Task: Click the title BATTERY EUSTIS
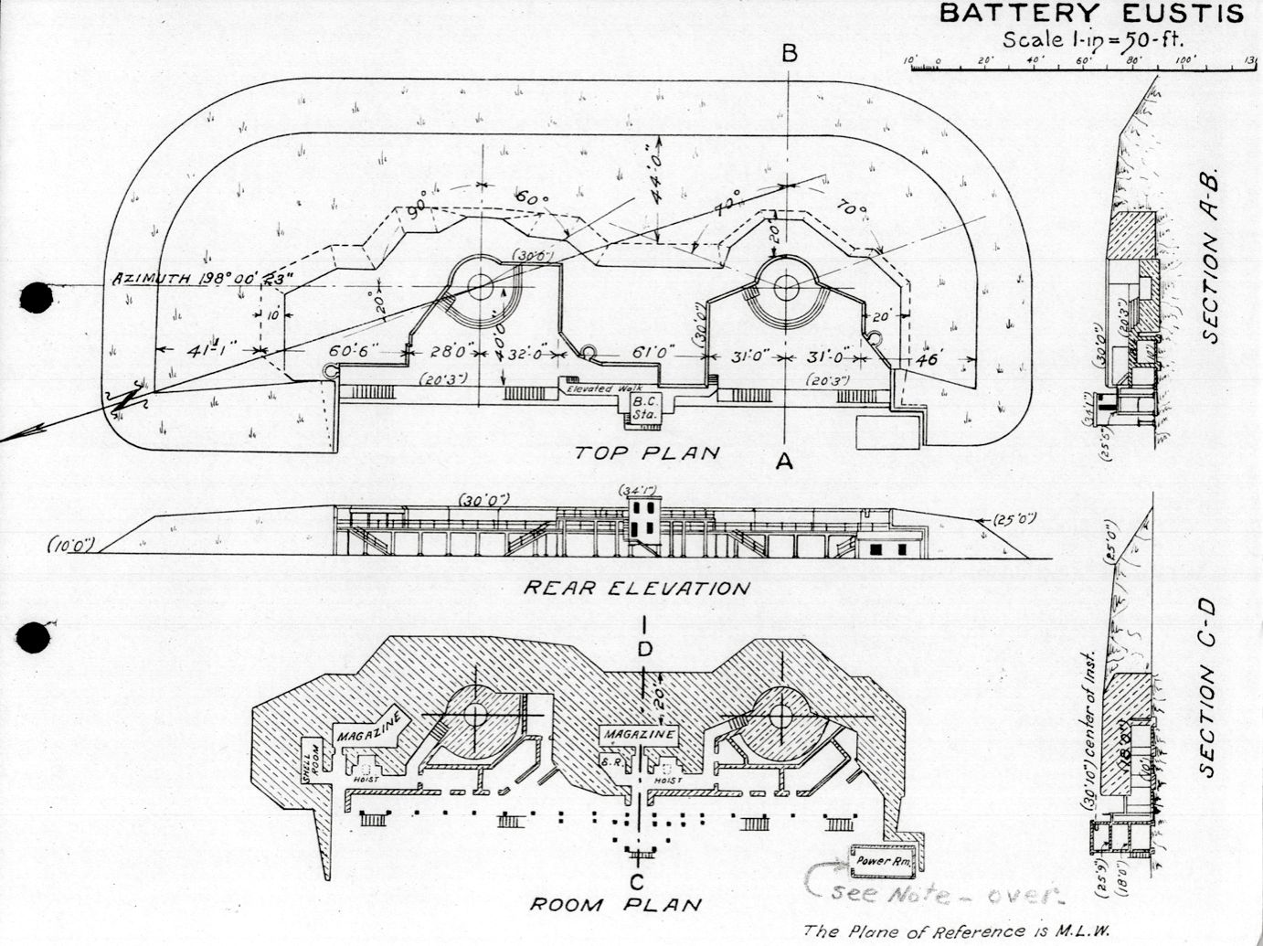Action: [1091, 14]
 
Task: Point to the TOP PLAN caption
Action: [648, 452]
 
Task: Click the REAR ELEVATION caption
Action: [635, 588]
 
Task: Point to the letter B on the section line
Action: [789, 54]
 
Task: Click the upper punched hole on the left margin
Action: [34, 298]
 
